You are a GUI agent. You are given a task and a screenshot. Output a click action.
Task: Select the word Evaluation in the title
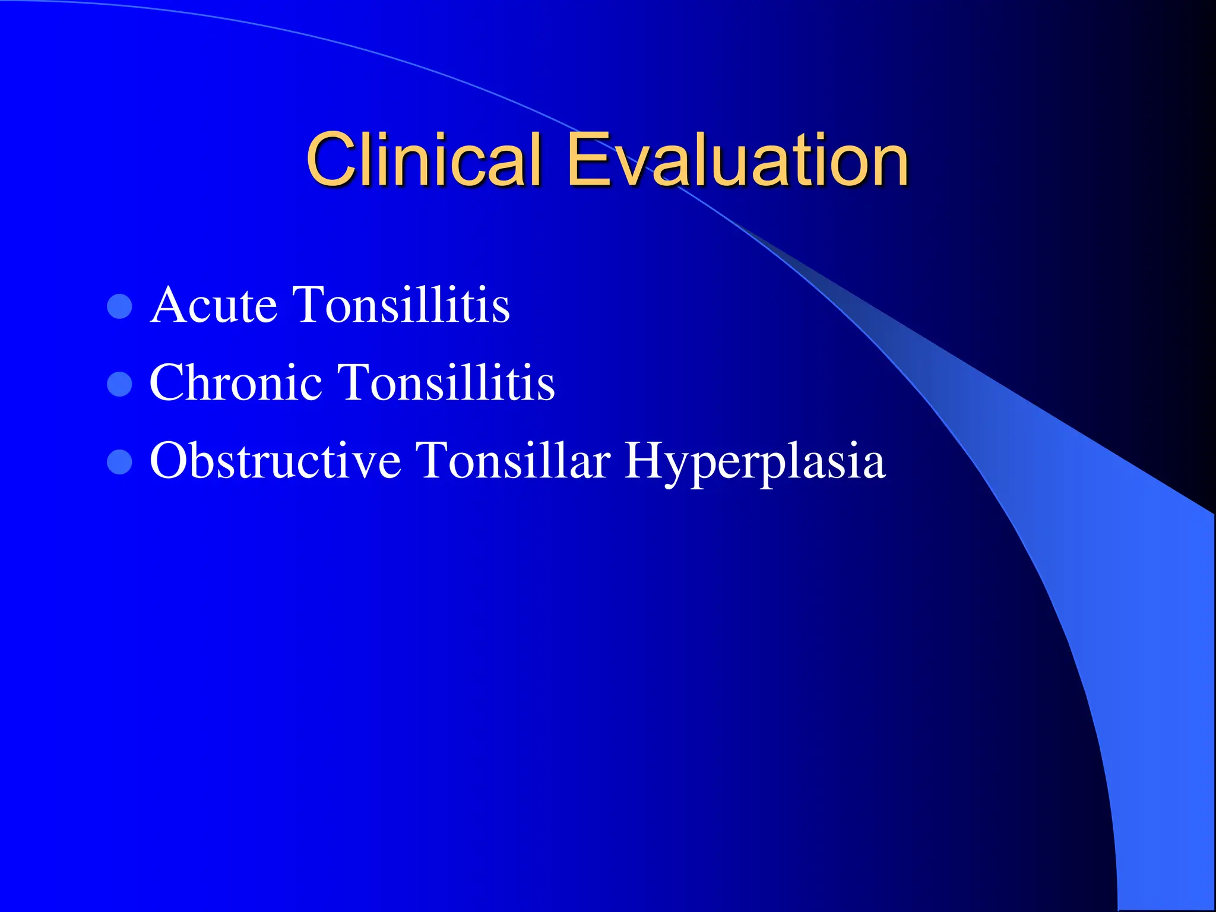point(737,159)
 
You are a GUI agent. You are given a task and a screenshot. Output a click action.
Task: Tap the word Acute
point(214,305)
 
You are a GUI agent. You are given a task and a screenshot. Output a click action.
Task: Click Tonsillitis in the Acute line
point(402,305)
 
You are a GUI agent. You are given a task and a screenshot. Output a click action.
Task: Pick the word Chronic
point(236,383)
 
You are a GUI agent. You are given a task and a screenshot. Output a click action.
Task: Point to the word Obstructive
point(275,461)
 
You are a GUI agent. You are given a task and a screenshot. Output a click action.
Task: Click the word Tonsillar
point(512,461)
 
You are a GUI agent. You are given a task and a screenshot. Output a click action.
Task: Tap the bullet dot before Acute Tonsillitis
point(119,306)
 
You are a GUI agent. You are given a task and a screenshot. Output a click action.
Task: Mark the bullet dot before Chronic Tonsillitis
point(119,384)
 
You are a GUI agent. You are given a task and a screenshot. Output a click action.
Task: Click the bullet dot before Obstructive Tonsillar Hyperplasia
point(119,462)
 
